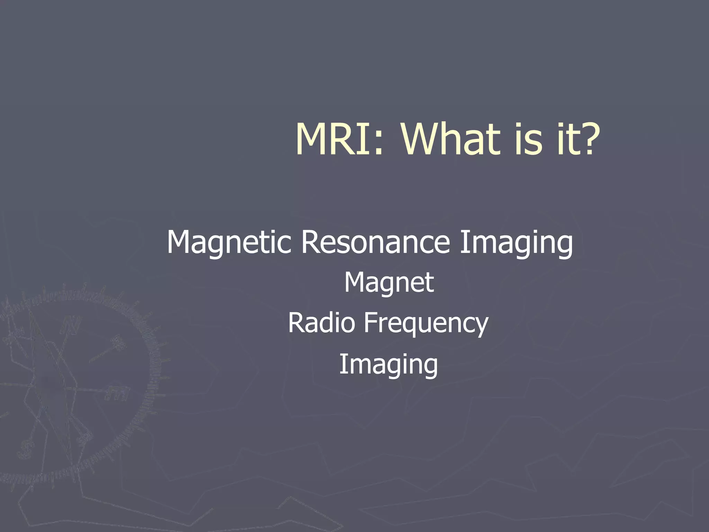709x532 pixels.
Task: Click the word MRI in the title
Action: (x=334, y=140)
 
